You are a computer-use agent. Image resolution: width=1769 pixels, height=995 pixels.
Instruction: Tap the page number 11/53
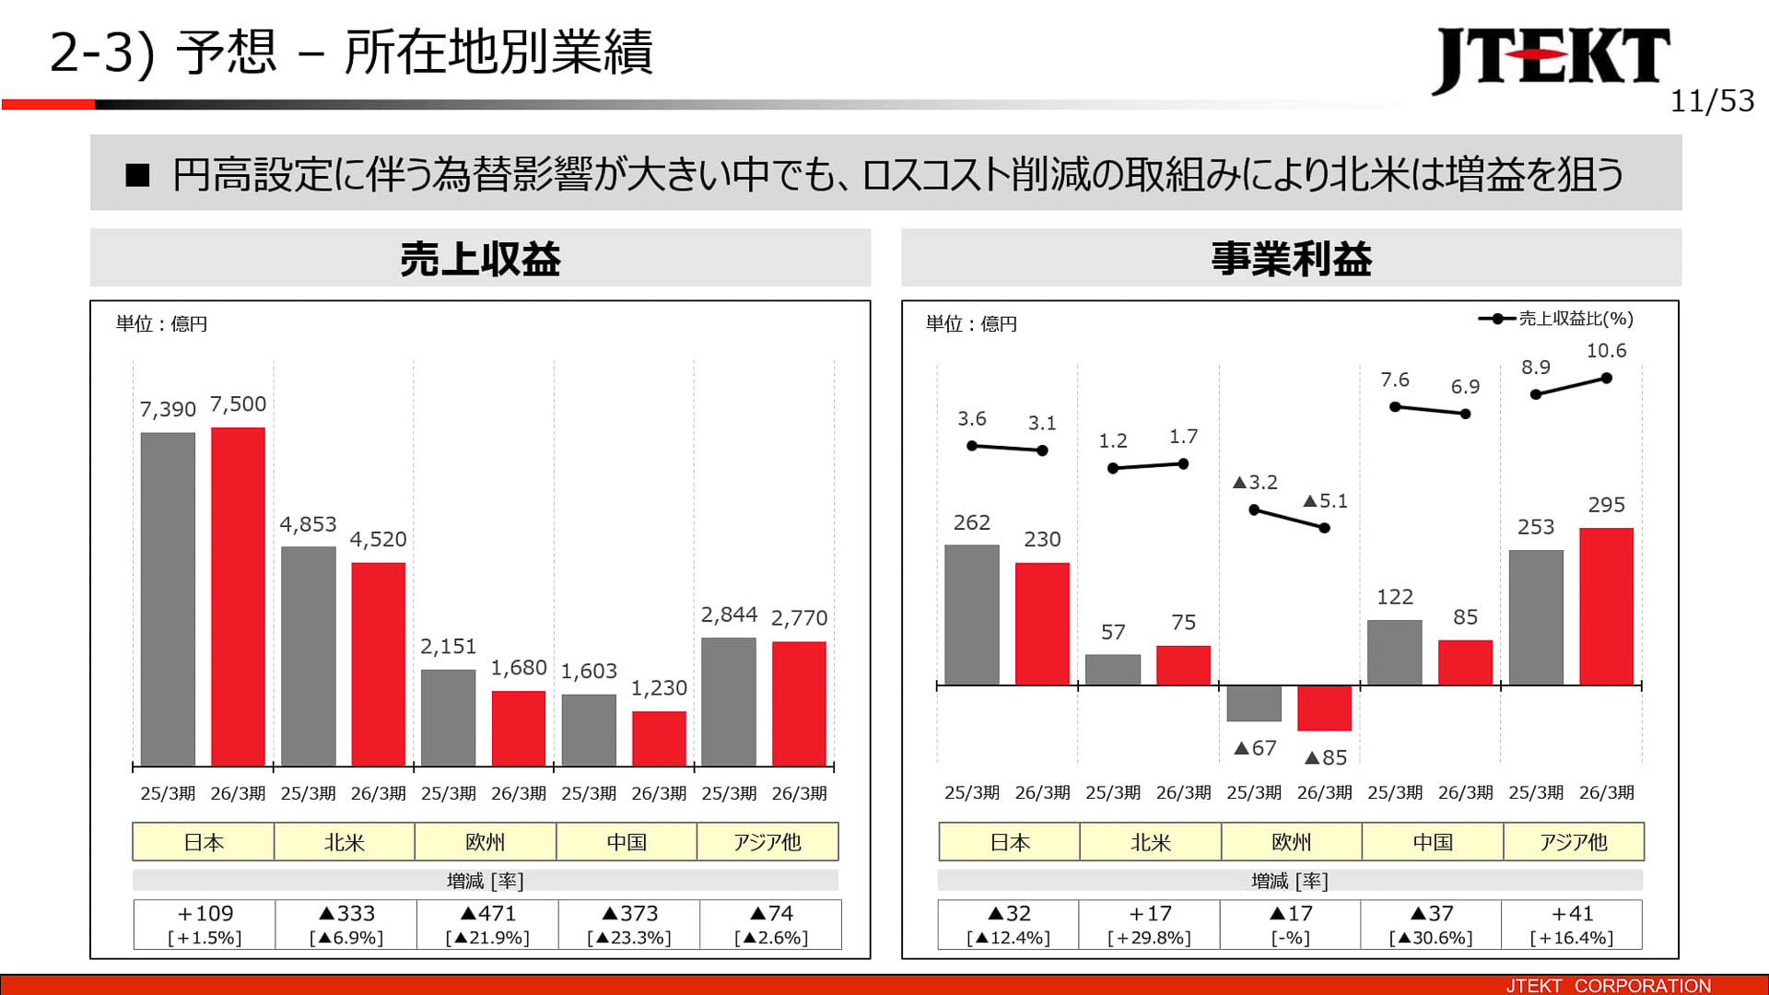pyautogui.click(x=1711, y=101)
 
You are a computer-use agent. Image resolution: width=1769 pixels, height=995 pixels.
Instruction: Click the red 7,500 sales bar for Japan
pyautogui.click(x=238, y=596)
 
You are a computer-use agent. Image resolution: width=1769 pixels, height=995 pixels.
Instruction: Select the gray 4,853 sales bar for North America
pyautogui.click(x=308, y=655)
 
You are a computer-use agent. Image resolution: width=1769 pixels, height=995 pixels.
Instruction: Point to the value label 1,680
pyautogui.click(x=519, y=668)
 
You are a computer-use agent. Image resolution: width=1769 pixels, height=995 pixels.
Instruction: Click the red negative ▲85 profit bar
pyautogui.click(x=1324, y=708)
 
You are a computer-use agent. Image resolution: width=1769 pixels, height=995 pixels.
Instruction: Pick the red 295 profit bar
pyautogui.click(x=1606, y=606)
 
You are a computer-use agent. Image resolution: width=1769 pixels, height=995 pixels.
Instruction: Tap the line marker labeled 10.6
pyautogui.click(x=1606, y=378)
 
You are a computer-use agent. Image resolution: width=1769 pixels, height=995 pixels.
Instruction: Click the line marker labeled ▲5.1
pyautogui.click(x=1324, y=528)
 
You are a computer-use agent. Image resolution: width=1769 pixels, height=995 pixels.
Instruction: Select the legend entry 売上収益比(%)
pyautogui.click(x=1556, y=319)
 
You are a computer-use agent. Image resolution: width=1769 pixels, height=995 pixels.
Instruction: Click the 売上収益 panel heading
pyautogui.click(x=480, y=259)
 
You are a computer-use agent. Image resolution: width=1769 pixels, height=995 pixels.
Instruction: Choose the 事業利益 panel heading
pyautogui.click(x=1291, y=259)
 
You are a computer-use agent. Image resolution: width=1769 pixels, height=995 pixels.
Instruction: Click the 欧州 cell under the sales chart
pyautogui.click(x=485, y=842)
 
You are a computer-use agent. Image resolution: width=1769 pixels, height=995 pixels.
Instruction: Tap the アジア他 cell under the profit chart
pyautogui.click(x=1573, y=842)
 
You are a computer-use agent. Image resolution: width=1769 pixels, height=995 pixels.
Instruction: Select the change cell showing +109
pyautogui.click(x=205, y=924)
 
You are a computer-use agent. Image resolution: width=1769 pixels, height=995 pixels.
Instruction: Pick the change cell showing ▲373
pyautogui.click(x=629, y=924)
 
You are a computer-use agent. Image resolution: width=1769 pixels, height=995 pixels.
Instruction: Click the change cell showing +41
pyautogui.click(x=1571, y=924)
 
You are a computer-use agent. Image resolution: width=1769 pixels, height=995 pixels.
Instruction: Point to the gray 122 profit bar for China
pyautogui.click(x=1394, y=652)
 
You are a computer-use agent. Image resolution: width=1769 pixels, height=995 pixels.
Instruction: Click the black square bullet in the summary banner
pyautogui.click(x=137, y=175)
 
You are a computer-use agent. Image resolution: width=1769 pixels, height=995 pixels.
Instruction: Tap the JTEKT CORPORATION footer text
pyautogui.click(x=1608, y=985)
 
